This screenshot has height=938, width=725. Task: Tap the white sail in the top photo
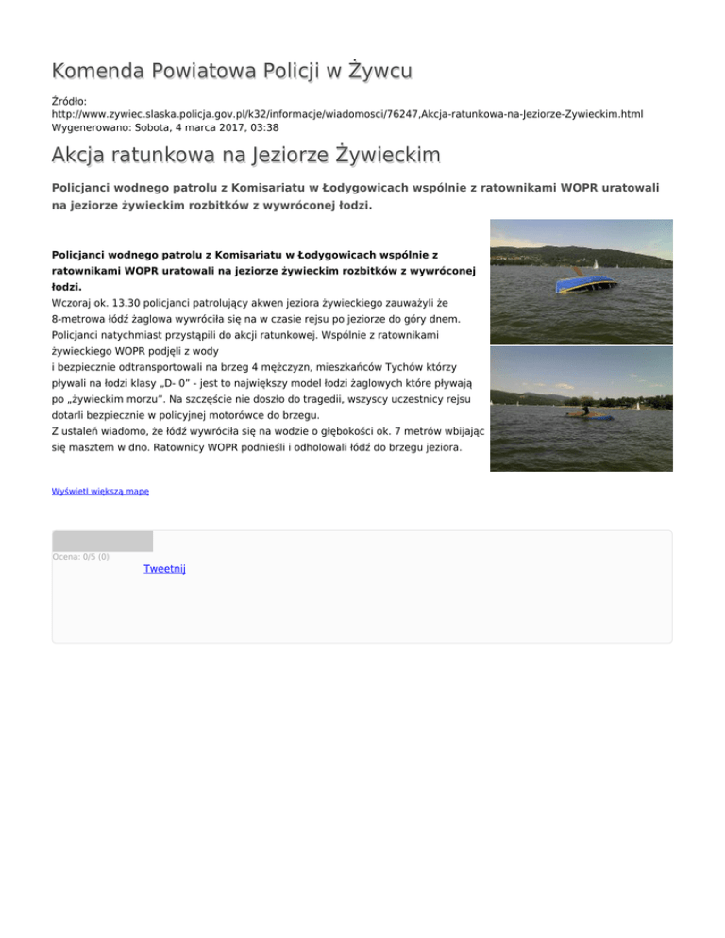596,263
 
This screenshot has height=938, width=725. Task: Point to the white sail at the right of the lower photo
639,406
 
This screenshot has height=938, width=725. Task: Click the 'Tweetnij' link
164,569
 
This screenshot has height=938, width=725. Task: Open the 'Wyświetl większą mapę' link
100,492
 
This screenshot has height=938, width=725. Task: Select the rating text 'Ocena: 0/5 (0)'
80,557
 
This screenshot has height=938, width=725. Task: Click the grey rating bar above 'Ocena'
102,541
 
